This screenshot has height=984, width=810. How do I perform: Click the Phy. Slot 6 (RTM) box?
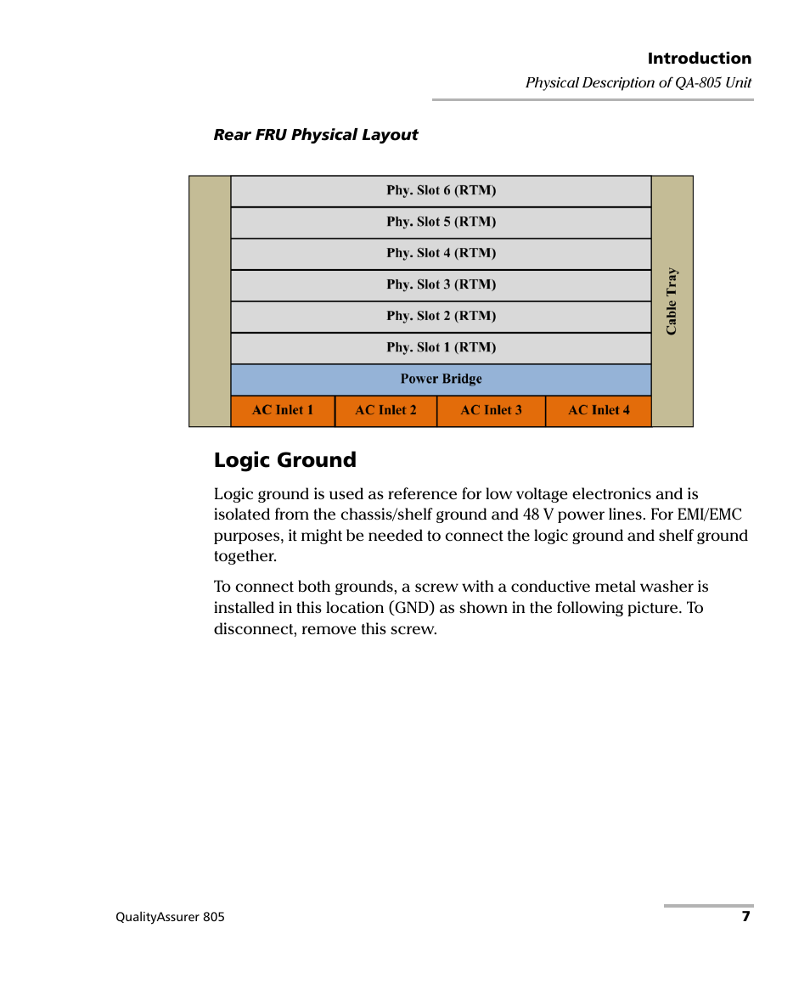[x=441, y=191]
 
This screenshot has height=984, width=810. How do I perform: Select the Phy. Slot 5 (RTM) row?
[x=441, y=222]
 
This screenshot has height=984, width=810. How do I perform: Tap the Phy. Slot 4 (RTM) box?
[x=441, y=254]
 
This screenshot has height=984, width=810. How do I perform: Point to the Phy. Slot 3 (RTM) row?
[x=441, y=285]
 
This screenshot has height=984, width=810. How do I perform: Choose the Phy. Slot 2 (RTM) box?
[x=441, y=317]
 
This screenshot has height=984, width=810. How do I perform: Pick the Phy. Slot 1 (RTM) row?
[x=441, y=348]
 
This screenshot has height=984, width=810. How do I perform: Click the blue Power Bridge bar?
[x=441, y=380]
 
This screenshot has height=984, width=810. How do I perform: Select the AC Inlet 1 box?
[x=283, y=411]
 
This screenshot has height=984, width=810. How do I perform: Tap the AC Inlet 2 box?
[x=385, y=411]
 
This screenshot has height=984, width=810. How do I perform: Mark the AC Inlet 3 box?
[x=491, y=411]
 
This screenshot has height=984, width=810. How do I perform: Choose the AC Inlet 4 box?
[x=599, y=411]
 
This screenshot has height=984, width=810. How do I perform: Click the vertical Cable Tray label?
[x=672, y=301]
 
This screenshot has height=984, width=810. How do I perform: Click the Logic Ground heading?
[x=285, y=460]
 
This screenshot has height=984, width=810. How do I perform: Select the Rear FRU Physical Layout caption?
[x=316, y=135]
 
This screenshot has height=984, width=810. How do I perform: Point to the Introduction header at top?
[x=699, y=59]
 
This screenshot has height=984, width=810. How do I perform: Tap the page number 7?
[x=745, y=917]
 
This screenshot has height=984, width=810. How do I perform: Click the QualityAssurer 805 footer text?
[x=170, y=918]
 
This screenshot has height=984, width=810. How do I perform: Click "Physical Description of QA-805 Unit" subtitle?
[x=638, y=83]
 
